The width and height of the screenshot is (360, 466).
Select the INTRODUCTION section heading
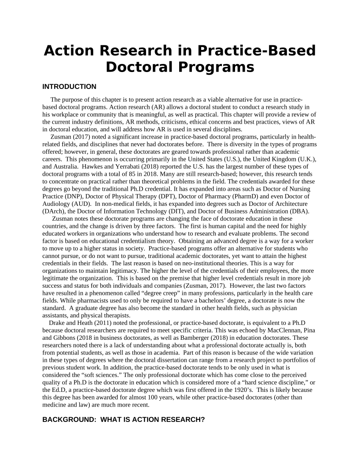point(69,87)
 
